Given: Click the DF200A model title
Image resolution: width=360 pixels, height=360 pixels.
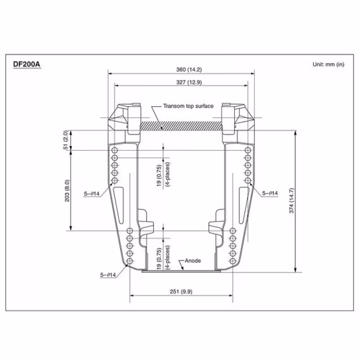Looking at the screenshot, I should pos(27,64).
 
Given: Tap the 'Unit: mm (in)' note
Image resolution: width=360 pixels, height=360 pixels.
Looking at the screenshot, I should pos(328,64).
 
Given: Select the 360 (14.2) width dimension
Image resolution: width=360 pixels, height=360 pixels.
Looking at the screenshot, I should pos(181,70).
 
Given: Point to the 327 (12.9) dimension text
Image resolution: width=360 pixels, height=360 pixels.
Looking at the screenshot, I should pos(181,82).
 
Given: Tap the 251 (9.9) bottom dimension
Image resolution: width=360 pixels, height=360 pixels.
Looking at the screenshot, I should pos(181,292).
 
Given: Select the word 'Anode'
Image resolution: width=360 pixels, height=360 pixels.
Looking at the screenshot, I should pos(192,261).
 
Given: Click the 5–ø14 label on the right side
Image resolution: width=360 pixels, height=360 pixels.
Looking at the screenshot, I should pos(270,193).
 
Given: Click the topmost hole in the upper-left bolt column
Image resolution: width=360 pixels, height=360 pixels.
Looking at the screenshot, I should pos(114,150).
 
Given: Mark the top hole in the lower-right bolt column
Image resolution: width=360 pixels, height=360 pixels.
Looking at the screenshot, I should pos(233,230).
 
